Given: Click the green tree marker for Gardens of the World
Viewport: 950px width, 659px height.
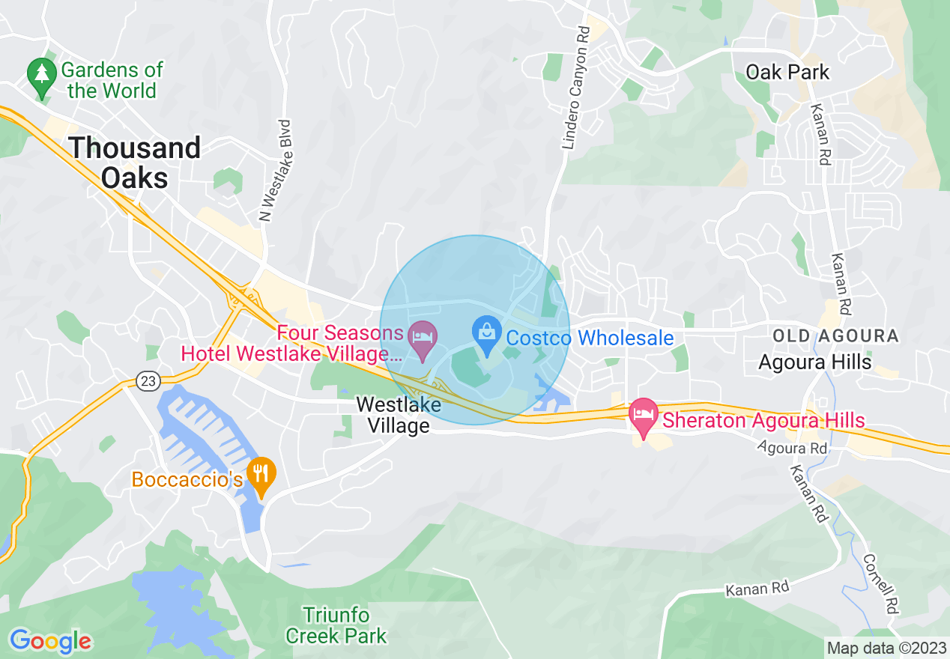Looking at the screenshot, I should (x=41, y=75).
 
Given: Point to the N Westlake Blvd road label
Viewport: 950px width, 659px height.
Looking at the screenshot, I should (x=274, y=171).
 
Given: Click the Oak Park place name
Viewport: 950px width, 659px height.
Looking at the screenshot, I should (x=787, y=73).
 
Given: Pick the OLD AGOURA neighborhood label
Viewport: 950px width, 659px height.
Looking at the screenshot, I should (x=835, y=336).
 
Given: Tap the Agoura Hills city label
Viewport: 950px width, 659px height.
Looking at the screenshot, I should (x=814, y=362).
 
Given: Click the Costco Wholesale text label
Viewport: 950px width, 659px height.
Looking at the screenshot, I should (x=590, y=338).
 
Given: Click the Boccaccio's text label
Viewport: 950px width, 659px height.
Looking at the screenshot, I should (x=187, y=479).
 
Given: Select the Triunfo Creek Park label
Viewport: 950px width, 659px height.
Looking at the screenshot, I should (x=336, y=626).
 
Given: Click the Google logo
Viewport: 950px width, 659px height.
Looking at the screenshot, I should (x=50, y=641).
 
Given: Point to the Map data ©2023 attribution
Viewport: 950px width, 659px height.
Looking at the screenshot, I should (x=886, y=647).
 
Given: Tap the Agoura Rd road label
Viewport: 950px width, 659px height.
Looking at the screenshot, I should (x=792, y=449).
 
